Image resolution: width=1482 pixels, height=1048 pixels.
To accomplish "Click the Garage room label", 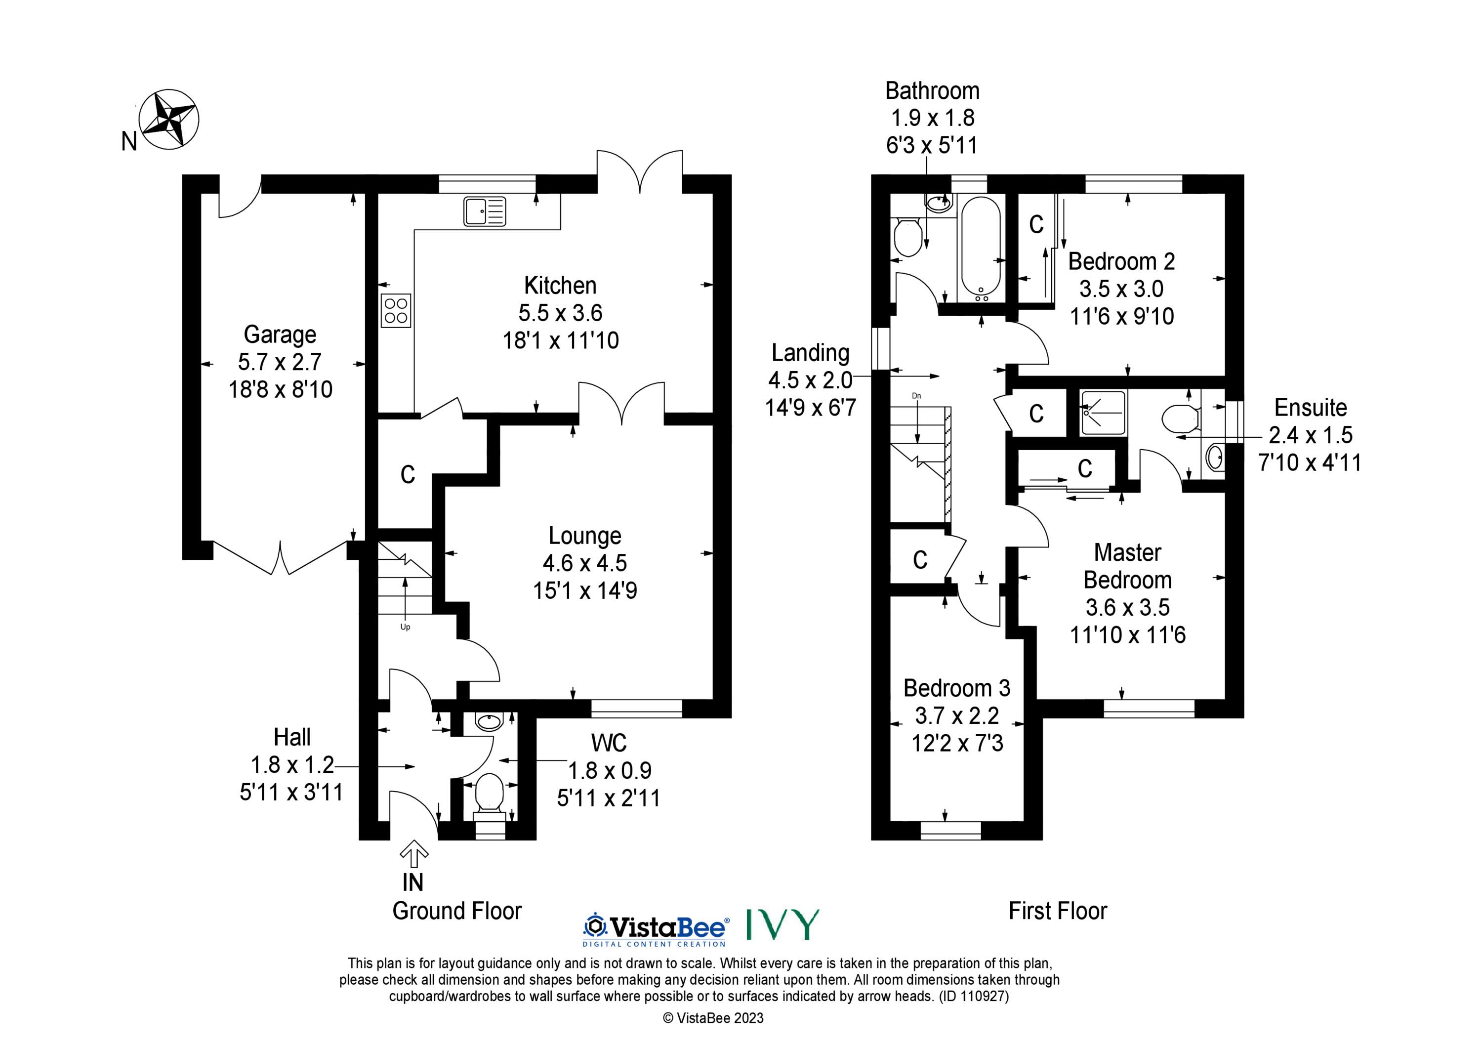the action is [280, 335].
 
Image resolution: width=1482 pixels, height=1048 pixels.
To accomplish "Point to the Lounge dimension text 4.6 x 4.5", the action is [585, 563].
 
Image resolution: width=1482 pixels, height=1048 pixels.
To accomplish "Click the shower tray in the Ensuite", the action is [1104, 412].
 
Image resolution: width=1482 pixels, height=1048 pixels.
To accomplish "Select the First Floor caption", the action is [1058, 911].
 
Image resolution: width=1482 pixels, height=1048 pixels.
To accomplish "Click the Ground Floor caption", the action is [457, 911].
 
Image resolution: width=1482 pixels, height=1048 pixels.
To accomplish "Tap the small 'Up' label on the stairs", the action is [406, 627].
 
